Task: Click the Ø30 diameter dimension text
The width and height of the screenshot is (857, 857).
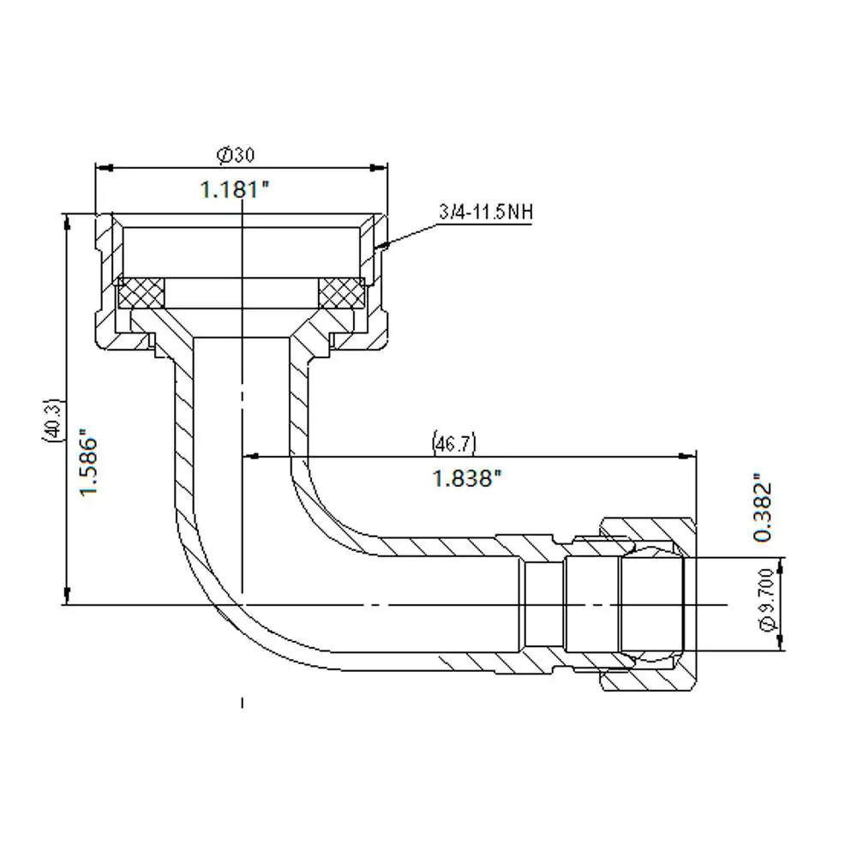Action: [237, 155]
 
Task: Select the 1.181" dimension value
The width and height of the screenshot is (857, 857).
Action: [235, 190]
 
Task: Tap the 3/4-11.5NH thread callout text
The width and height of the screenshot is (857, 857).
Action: [486, 212]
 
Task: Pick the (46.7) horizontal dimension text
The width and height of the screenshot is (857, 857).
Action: [454, 443]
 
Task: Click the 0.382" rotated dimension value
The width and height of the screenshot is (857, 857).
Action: [763, 512]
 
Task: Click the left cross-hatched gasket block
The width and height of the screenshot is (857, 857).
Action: [141, 293]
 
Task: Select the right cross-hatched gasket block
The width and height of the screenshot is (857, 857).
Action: [341, 293]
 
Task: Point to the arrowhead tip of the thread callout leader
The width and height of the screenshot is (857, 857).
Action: [375, 249]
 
